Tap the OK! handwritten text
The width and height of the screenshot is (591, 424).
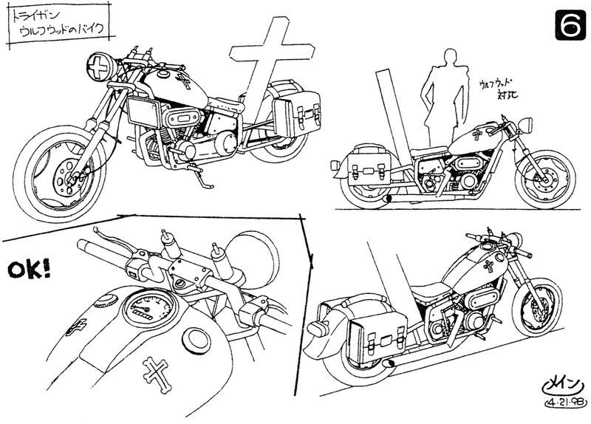29,270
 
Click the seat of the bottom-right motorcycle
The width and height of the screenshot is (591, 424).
430,291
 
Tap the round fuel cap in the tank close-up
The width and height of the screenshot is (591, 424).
197,341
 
